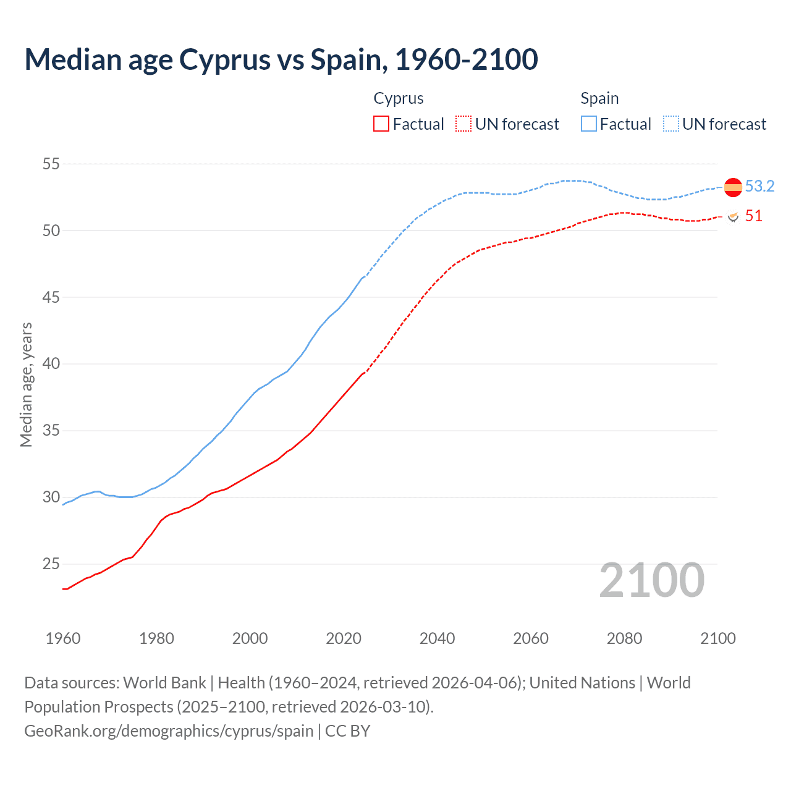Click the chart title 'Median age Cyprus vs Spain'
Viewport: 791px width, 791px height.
pos(281,60)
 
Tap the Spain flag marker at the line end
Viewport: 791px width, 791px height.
pos(733,187)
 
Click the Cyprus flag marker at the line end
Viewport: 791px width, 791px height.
pos(733,217)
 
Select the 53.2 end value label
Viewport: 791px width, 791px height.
pos(759,187)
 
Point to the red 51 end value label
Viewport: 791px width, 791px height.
pos(753,216)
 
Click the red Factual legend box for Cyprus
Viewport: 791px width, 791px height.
pos(381,124)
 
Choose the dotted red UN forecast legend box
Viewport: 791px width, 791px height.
pos(463,124)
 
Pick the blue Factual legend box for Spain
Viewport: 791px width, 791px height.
pos(589,124)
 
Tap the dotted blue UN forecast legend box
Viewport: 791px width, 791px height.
pos(671,124)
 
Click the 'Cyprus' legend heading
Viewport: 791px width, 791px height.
pos(399,98)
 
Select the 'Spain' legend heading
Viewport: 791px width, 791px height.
pos(599,98)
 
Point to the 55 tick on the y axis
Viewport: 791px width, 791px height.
pos(51,164)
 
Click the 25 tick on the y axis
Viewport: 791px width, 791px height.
pos(51,564)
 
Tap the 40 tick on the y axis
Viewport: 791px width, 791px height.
pos(51,364)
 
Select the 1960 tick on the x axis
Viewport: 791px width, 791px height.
pos(63,638)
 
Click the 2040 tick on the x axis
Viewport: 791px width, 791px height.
pos(437,638)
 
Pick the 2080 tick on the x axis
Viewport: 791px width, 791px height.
pos(624,638)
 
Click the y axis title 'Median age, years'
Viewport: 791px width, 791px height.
pos(26,384)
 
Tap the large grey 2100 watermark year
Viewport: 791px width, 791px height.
pos(652,580)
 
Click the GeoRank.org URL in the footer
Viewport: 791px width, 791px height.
pos(169,731)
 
